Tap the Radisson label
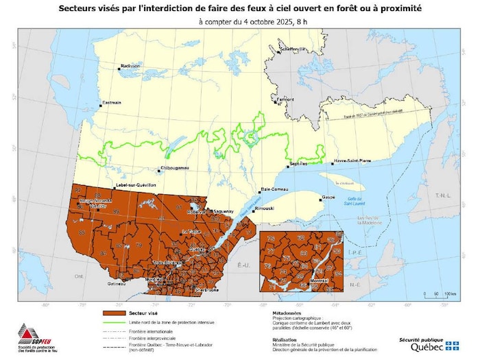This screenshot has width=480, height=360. [130, 66]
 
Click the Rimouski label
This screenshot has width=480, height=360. [245, 208]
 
